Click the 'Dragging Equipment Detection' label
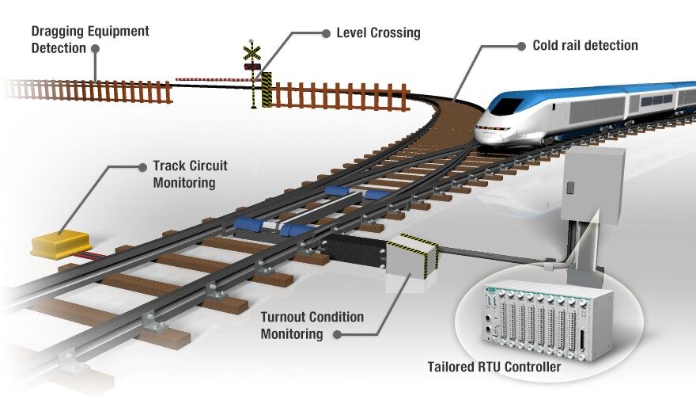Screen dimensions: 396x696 coord(89,39)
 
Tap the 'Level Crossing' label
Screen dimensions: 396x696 coord(378,33)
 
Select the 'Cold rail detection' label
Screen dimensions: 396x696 coord(584,46)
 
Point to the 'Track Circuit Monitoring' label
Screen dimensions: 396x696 coord(190,174)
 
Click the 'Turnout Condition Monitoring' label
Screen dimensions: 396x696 coord(312,326)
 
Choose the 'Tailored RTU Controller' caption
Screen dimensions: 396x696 coord(494,367)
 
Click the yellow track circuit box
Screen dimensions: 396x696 coord(60,242)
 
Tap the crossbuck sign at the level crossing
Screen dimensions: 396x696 coord(252,53)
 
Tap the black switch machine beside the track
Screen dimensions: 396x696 coord(355,249)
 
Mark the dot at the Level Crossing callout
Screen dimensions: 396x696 coord(325,33)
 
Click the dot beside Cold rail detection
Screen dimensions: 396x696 coord(521,46)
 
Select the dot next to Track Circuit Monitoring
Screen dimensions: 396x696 coord(142,167)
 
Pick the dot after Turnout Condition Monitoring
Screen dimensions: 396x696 coord(338,334)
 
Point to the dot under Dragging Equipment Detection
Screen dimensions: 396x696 coord(96,48)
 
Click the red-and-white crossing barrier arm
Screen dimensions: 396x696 coord(209,79)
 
